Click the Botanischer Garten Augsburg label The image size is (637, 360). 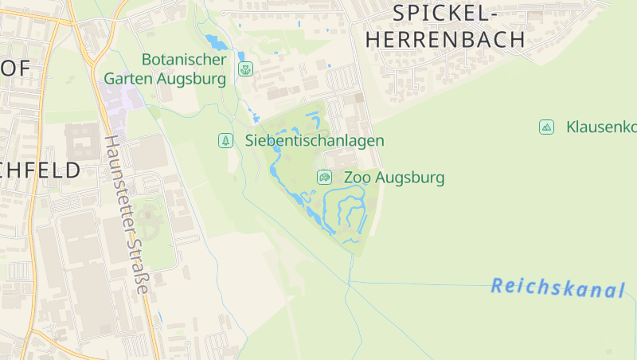click(165, 69)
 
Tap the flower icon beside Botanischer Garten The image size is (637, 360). click(245, 69)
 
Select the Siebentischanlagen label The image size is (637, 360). click(315, 141)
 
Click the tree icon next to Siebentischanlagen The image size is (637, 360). click(226, 141)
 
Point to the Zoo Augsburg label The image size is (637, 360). click(394, 178)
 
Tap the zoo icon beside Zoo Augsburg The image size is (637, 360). click(324, 177)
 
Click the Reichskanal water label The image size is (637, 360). click(557, 288)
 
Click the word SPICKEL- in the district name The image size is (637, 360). click(446, 13)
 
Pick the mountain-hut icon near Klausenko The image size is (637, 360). click(546, 127)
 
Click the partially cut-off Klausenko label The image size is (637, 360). click(601, 127)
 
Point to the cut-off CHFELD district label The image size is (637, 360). click(40, 170)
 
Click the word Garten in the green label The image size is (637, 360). click(129, 79)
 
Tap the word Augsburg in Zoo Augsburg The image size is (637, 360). click(410, 178)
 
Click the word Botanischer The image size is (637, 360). click(184, 60)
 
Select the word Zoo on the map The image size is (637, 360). click(358, 178)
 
